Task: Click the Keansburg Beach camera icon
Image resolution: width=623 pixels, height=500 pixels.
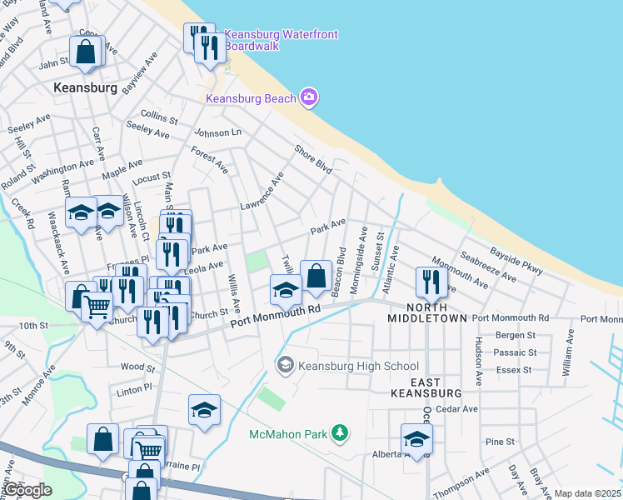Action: pyautogui.click(x=309, y=98)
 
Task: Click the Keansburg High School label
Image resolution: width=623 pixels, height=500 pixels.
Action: pyautogui.click(x=358, y=366)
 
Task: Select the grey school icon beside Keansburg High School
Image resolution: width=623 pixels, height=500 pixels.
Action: pyautogui.click(x=286, y=365)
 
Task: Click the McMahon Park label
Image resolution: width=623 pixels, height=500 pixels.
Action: pyautogui.click(x=289, y=433)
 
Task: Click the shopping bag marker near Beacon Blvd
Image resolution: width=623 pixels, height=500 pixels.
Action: pyautogui.click(x=316, y=276)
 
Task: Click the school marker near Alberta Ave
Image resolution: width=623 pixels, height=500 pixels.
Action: pyautogui.click(x=416, y=438)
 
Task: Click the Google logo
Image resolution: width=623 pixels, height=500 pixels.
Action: pyautogui.click(x=27, y=491)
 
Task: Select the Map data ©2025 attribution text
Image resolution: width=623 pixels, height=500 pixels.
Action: pyautogui.click(x=587, y=494)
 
